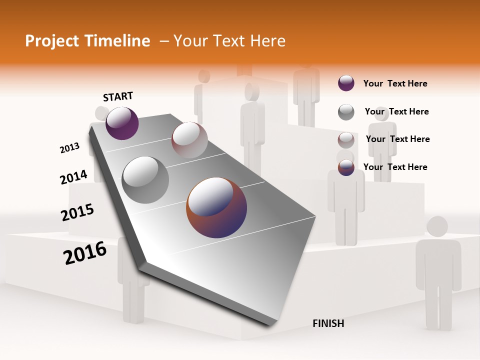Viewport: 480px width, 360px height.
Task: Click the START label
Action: [118, 96]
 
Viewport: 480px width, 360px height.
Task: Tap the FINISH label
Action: [328, 323]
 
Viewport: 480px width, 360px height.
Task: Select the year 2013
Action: [69, 148]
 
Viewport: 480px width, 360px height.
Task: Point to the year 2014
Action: [73, 177]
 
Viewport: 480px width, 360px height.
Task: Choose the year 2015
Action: [77, 212]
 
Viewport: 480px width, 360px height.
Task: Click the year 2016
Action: [85, 252]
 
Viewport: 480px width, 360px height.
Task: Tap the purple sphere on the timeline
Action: [122, 123]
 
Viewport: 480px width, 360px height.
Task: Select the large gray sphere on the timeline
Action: [145, 180]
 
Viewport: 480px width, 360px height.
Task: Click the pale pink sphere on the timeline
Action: [189, 140]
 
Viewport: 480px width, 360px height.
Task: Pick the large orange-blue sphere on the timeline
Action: [216, 207]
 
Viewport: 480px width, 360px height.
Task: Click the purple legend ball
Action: [346, 83]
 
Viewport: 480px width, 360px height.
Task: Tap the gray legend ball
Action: [346, 112]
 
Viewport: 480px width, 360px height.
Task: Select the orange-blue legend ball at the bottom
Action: [346, 167]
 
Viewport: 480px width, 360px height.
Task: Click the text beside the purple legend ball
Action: [395, 83]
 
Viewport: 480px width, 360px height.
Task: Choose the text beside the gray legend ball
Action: [396, 111]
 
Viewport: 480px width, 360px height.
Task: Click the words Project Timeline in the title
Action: [87, 41]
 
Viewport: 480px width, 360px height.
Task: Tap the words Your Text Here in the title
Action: [229, 41]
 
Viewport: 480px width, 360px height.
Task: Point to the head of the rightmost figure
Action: [437, 226]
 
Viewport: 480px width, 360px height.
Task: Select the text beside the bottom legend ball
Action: [395, 167]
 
